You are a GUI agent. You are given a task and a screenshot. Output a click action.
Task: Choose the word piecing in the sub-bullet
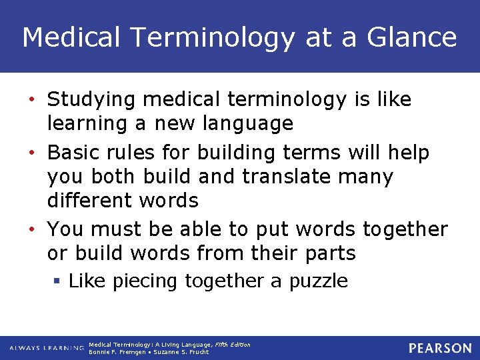145,281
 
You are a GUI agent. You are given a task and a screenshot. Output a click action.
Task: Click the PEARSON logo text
440,348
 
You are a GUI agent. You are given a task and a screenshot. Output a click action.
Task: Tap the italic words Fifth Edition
233,345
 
